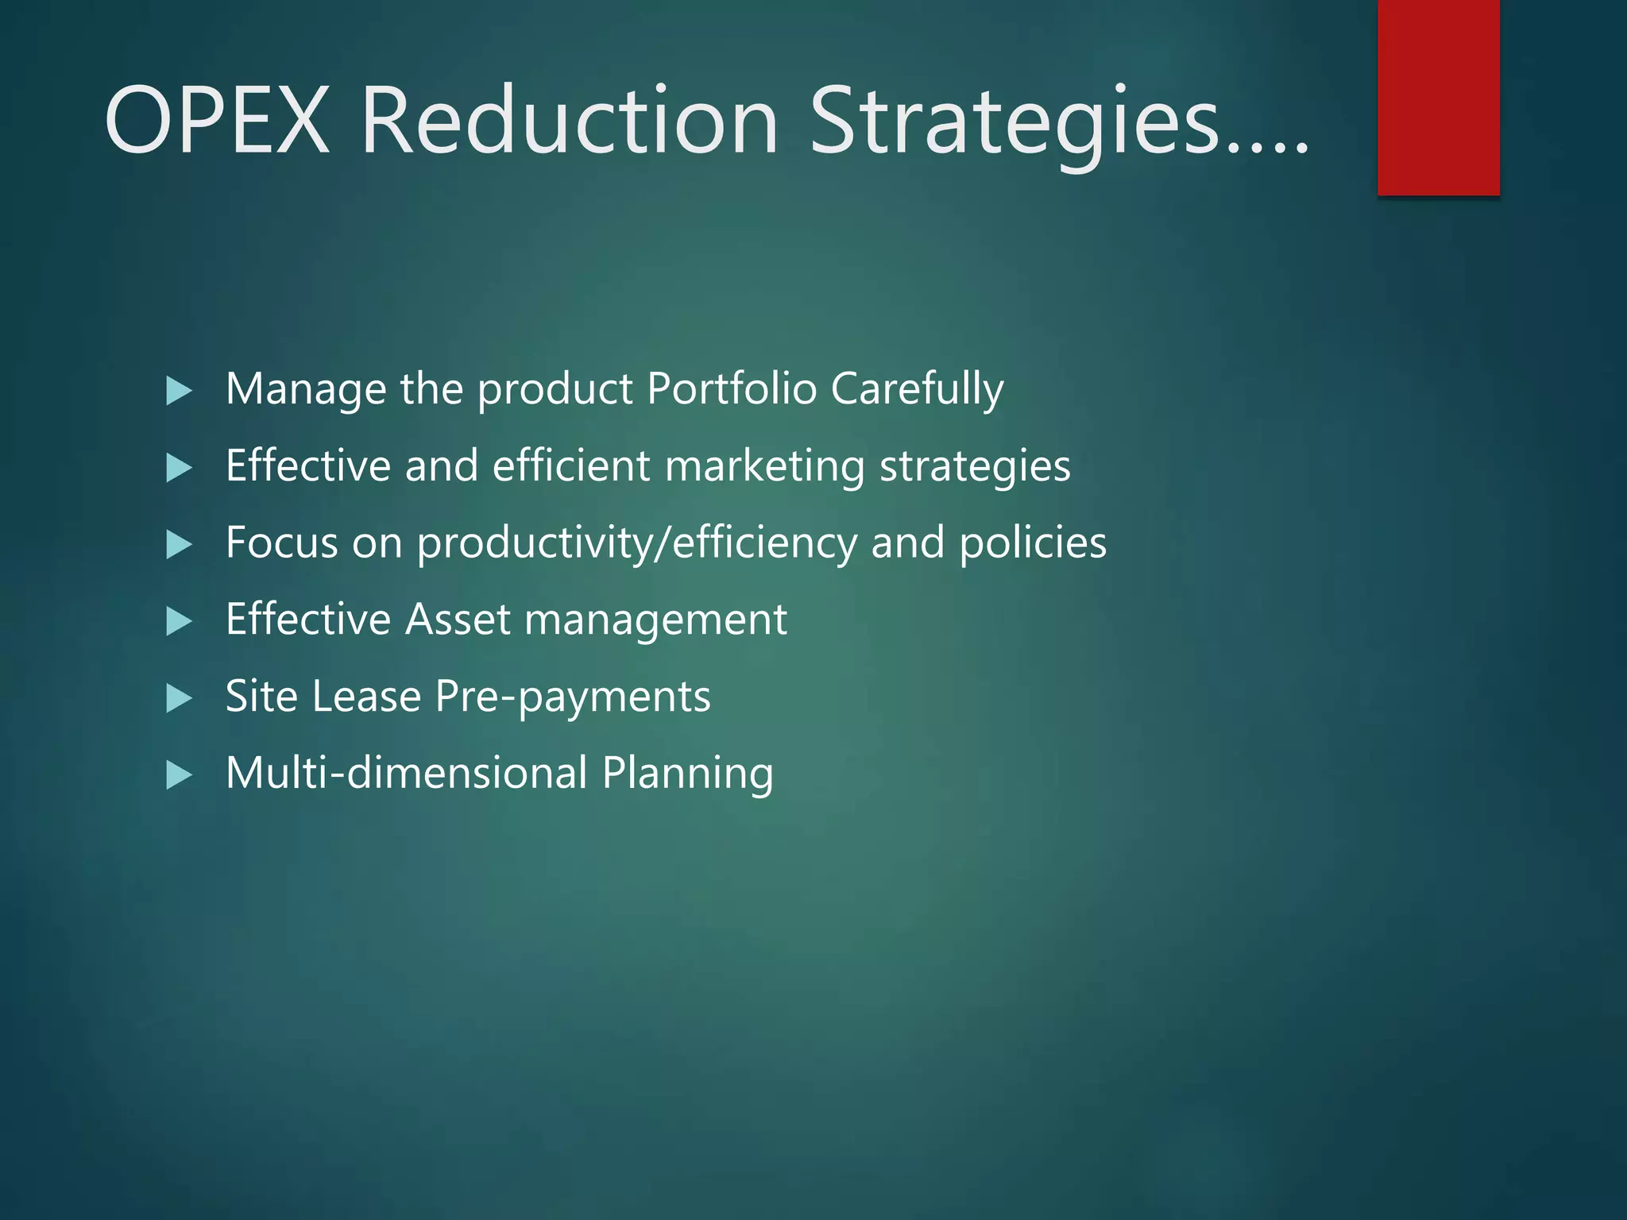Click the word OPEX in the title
[x=216, y=121]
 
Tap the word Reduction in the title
[x=570, y=121]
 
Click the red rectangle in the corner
[x=1438, y=97]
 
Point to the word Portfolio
[x=732, y=389]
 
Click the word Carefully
[x=918, y=389]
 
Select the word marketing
[x=764, y=466]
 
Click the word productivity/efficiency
[x=637, y=544]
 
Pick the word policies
[x=1033, y=544]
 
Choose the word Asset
[x=458, y=620]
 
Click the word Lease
[x=366, y=697]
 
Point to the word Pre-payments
[x=573, y=697]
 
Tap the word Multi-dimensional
[x=406, y=773]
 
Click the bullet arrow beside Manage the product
[x=179, y=391]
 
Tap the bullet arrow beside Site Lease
[x=179, y=698]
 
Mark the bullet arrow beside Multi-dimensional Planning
[x=179, y=774]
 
